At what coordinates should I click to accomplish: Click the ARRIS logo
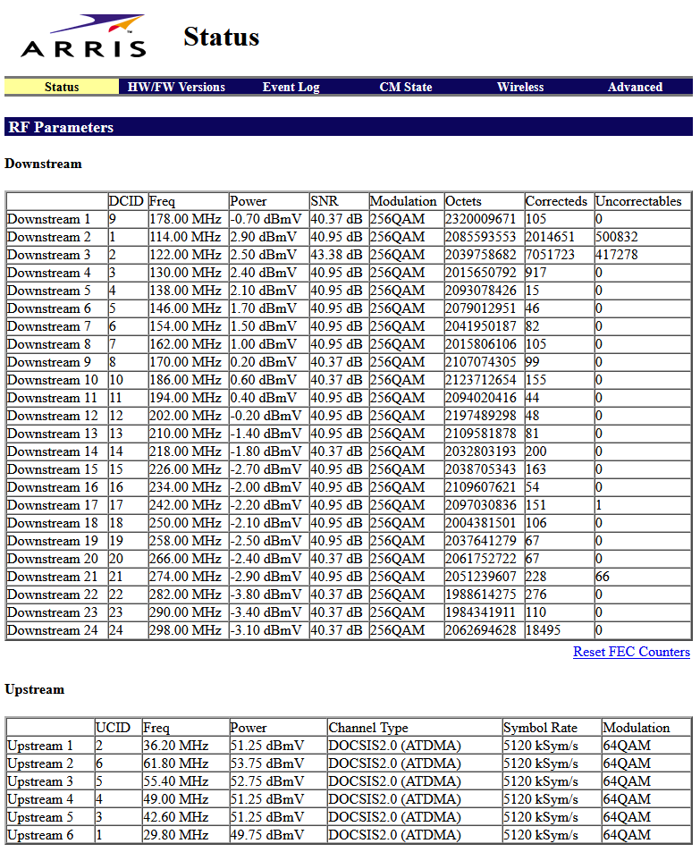click(x=84, y=37)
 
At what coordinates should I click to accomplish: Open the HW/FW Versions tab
click(x=176, y=87)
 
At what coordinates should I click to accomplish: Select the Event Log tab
click(x=291, y=87)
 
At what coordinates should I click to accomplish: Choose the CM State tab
click(x=405, y=87)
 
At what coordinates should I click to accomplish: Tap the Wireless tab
click(x=519, y=87)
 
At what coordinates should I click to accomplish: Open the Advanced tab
click(x=635, y=87)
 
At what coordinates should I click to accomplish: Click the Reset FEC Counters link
click(x=631, y=652)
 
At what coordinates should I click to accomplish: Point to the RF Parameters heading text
click(x=61, y=127)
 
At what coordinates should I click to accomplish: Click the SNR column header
click(x=325, y=201)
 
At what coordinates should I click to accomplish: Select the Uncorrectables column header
click(x=638, y=201)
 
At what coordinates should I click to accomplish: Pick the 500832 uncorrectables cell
click(x=617, y=237)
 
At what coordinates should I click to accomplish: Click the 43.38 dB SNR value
click(x=336, y=255)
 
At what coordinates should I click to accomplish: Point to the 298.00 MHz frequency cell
click(x=185, y=630)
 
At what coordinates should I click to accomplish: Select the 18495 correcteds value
click(x=544, y=630)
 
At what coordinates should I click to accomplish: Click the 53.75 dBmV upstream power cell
click(x=266, y=763)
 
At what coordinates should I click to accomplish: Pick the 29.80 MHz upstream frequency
click(x=175, y=835)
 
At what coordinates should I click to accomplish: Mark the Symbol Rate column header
click(x=540, y=728)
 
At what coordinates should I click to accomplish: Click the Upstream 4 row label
click(x=40, y=799)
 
